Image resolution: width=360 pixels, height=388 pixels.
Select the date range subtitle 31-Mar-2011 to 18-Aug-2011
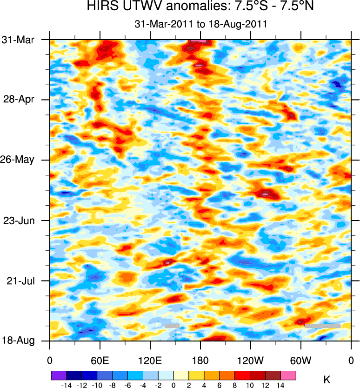200,24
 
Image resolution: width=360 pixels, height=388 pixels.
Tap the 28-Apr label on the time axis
22,100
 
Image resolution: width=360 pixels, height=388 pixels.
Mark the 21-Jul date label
23,281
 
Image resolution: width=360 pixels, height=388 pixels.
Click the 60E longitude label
100,360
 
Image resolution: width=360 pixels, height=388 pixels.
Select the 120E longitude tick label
150,360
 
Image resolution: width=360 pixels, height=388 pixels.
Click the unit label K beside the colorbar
327,379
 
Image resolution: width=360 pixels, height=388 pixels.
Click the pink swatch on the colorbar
288,375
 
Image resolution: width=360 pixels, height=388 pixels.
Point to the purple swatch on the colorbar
58,375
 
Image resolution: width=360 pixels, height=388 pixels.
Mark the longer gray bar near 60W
322,326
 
